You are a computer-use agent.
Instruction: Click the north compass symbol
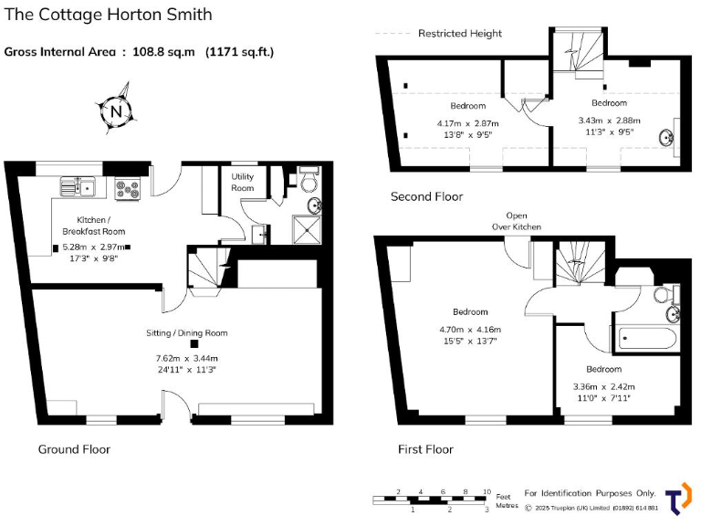click(116, 111)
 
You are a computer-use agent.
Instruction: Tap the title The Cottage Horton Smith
click(109, 15)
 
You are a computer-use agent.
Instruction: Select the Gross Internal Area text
click(139, 51)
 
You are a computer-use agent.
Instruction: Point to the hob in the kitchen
click(127, 188)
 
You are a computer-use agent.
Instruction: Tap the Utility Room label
click(243, 182)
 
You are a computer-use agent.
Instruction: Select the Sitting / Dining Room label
click(187, 332)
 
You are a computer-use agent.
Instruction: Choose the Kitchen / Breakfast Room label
click(88, 226)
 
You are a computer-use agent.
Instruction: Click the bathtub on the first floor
click(646, 341)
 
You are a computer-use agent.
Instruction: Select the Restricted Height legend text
click(459, 34)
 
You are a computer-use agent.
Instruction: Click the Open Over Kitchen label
click(517, 221)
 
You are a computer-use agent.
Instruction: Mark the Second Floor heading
click(426, 196)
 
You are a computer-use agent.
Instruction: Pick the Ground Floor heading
click(74, 449)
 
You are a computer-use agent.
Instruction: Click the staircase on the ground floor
click(207, 271)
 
